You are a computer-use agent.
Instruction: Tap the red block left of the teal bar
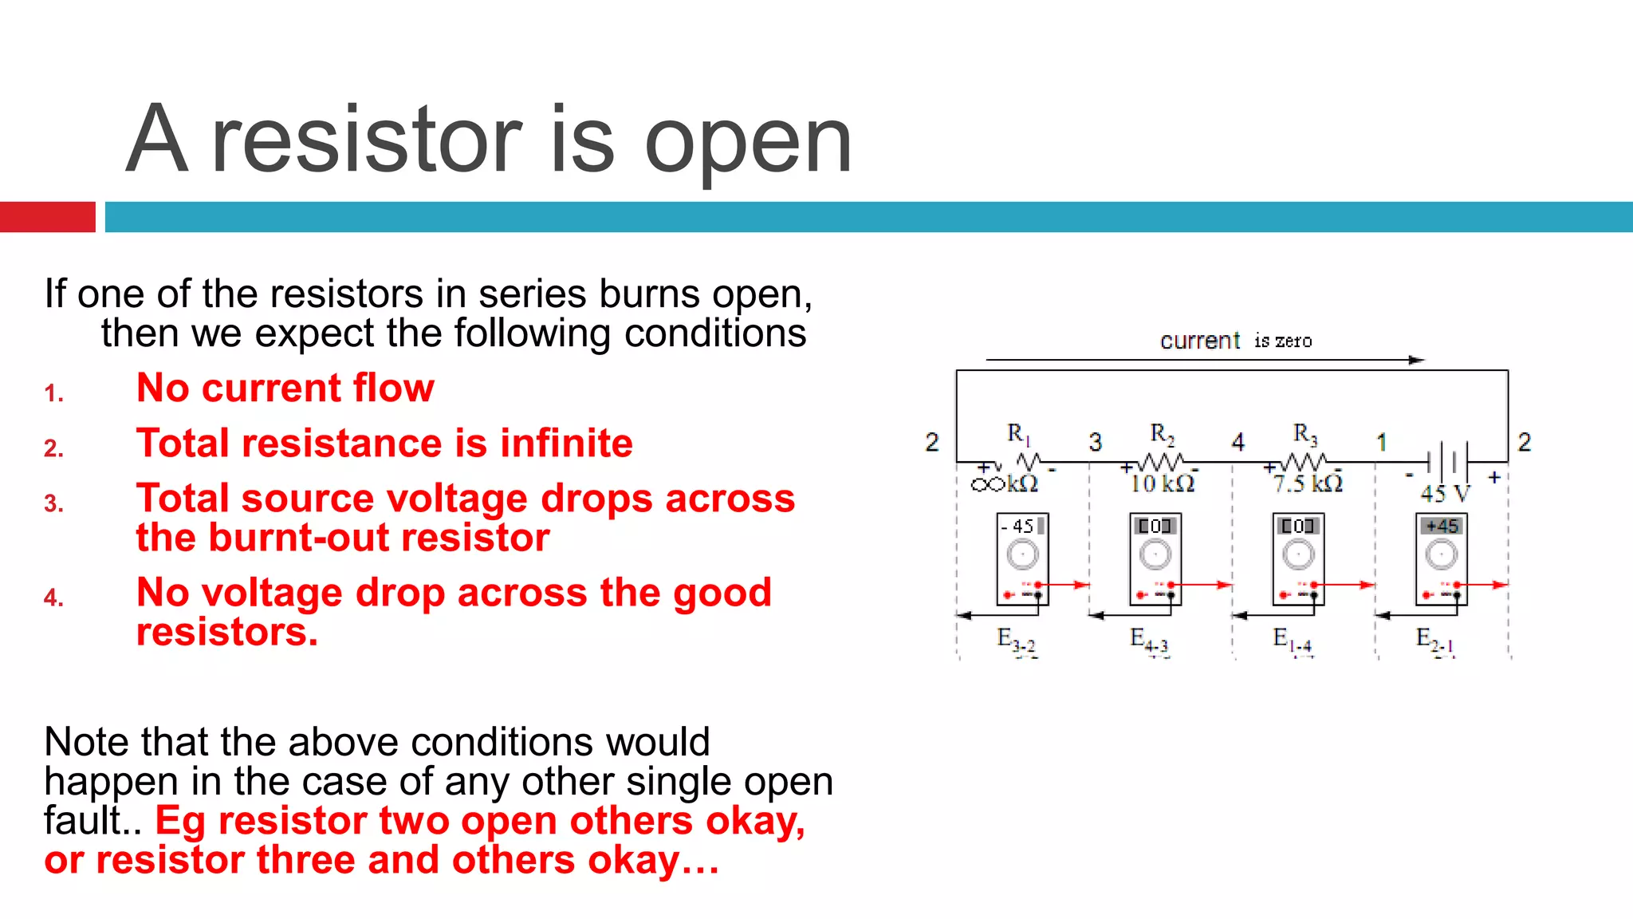(x=47, y=217)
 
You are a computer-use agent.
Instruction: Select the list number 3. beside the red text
(x=53, y=503)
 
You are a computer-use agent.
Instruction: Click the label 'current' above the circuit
(x=1199, y=341)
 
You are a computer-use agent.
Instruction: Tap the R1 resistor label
(x=1018, y=434)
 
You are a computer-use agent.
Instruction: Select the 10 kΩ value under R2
(x=1162, y=483)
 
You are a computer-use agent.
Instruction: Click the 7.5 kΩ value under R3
(x=1308, y=483)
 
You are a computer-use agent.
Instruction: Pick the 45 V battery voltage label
(x=1444, y=494)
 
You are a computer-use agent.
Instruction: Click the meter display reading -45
(x=1021, y=526)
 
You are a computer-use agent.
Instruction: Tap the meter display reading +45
(x=1442, y=526)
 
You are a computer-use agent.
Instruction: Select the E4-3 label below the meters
(x=1149, y=640)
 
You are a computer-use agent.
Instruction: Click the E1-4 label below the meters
(x=1292, y=640)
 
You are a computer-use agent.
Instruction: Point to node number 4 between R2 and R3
(x=1238, y=442)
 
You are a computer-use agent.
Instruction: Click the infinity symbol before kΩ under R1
(x=987, y=484)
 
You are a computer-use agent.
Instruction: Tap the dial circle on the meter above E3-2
(x=1022, y=554)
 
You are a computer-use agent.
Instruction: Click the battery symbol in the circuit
(x=1447, y=460)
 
